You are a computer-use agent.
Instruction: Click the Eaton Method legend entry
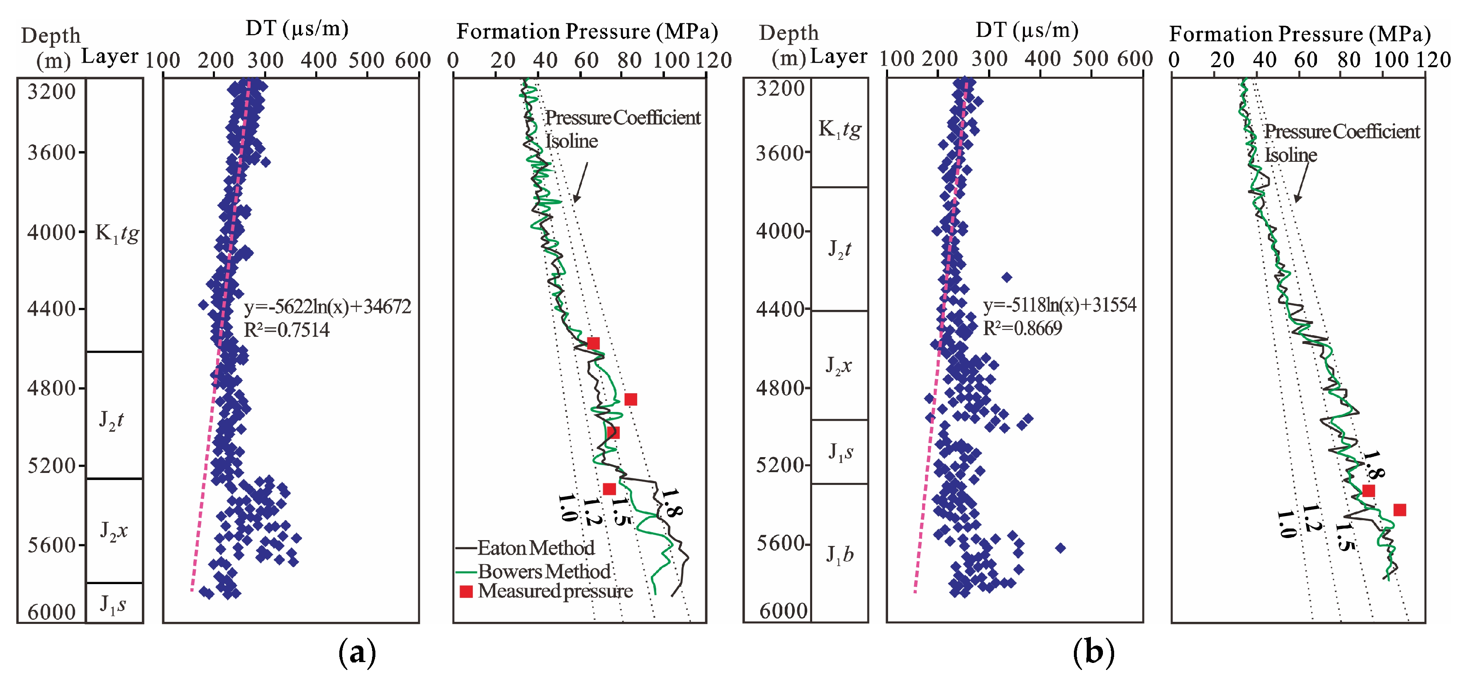tap(535, 548)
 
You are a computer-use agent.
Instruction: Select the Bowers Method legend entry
tap(543, 571)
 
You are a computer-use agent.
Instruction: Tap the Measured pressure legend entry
tap(555, 591)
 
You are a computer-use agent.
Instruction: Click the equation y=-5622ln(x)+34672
tap(327, 307)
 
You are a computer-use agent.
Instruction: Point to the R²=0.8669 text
tap(1022, 328)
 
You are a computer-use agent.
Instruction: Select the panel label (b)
tap(1093, 652)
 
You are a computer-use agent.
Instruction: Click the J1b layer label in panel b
tap(840, 554)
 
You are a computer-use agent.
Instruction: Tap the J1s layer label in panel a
tap(113, 604)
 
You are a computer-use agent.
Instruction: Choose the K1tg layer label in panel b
tap(840, 129)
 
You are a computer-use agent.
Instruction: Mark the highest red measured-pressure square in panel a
tap(593, 343)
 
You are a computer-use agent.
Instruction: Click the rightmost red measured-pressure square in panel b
tap(1399, 510)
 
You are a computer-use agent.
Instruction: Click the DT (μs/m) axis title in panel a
tap(297, 28)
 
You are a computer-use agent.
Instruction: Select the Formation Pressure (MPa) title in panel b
tap(1300, 34)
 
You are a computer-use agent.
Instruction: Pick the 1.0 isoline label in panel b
tap(1286, 524)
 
